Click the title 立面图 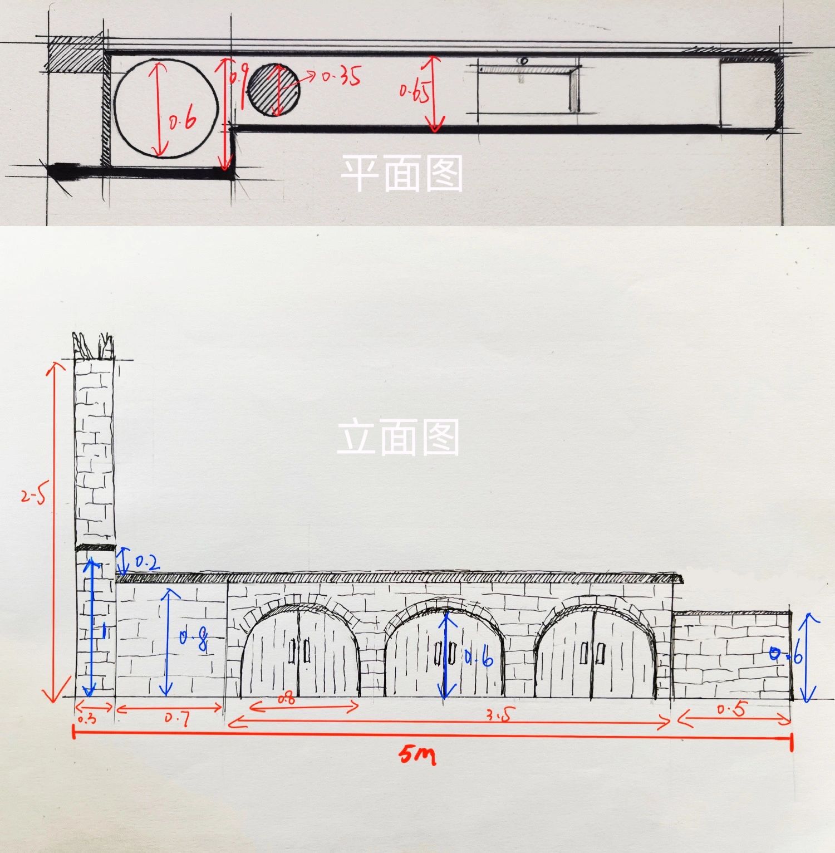pyautogui.click(x=399, y=437)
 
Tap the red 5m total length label pyautogui.click(x=417, y=755)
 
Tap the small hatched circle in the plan pyautogui.click(x=273, y=90)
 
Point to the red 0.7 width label pyautogui.click(x=177, y=719)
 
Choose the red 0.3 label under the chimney pyautogui.click(x=87, y=719)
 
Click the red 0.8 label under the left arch pyautogui.click(x=286, y=699)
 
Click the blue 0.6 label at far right pyautogui.click(x=786, y=655)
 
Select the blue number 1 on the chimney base pyautogui.click(x=103, y=630)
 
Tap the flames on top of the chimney pyautogui.click(x=93, y=345)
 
